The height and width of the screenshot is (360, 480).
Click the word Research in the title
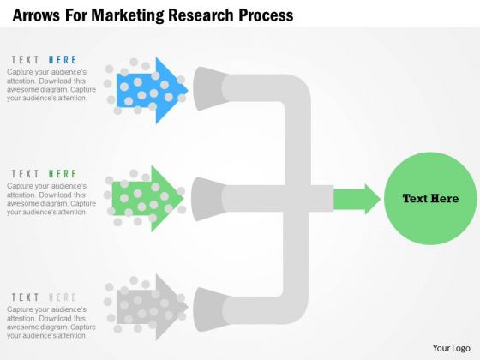(x=201, y=15)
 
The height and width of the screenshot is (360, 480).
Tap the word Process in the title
(x=266, y=15)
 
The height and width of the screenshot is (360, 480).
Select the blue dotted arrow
(x=153, y=90)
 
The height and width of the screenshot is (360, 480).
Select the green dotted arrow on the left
(x=147, y=199)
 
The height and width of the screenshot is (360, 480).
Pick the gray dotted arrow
(x=153, y=307)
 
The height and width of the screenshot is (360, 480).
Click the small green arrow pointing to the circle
(x=357, y=199)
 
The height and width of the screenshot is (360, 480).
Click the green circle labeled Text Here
(x=430, y=199)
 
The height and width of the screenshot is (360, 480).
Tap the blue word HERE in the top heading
(x=63, y=60)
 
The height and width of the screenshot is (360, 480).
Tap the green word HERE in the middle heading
(x=63, y=174)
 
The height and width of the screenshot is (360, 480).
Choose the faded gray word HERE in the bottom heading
(x=63, y=297)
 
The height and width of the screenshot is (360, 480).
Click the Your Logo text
(x=452, y=348)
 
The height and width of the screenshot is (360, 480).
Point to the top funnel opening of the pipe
(x=209, y=88)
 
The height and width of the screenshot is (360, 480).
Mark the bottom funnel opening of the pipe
(x=210, y=309)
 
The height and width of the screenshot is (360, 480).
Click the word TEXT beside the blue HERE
(x=25, y=60)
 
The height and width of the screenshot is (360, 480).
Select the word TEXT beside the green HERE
(x=25, y=174)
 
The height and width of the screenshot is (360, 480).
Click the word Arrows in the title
(x=36, y=15)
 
